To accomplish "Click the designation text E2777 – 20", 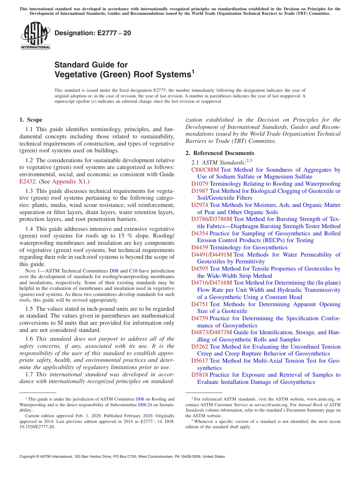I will (93, 33).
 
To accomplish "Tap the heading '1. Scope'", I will (31, 120).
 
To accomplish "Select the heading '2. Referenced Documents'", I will (220, 153).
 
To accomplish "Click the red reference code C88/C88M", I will (205, 170).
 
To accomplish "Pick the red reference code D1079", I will (200, 184).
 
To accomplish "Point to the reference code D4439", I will (200, 247).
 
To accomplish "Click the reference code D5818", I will (200, 375).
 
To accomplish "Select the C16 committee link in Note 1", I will (133, 271).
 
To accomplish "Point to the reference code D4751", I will (200, 304).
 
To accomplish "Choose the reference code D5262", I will (200, 347).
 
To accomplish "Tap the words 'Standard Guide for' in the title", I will (91, 65).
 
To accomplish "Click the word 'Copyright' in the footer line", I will (29, 457).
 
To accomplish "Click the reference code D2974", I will (200, 205).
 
